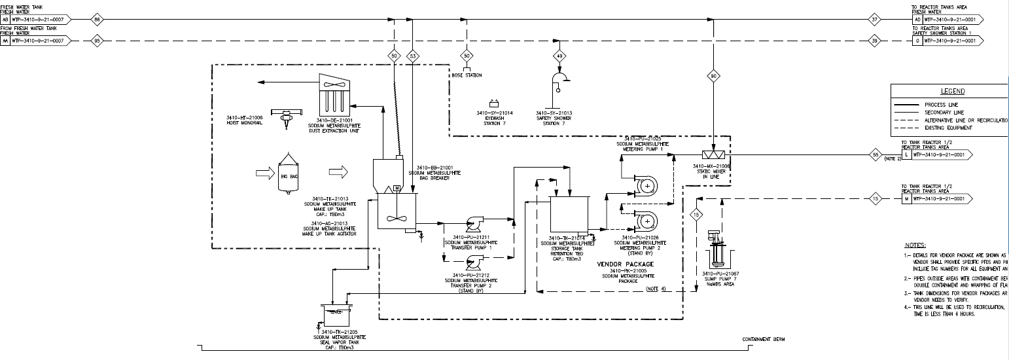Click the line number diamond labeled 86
click(x=97, y=20)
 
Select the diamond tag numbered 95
click(x=97, y=41)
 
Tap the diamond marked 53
click(x=412, y=57)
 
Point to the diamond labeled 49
click(x=559, y=57)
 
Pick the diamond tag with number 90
click(x=713, y=77)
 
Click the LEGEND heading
click(x=952, y=91)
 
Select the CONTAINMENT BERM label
click(x=763, y=340)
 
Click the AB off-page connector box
click(x=6, y=20)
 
